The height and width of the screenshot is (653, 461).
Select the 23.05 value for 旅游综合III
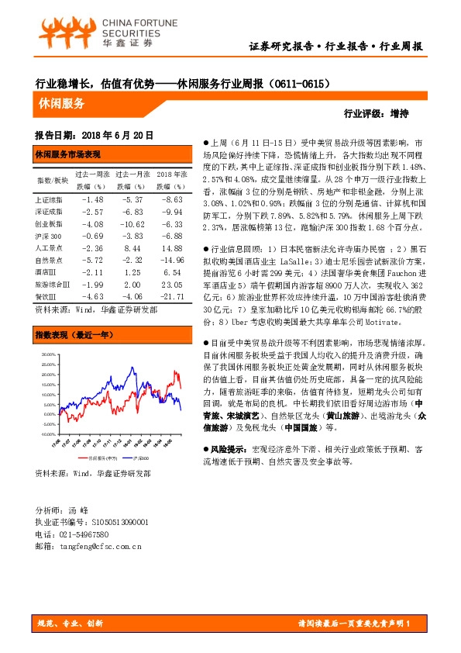[171, 284]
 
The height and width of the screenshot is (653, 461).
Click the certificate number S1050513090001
[115, 523]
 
